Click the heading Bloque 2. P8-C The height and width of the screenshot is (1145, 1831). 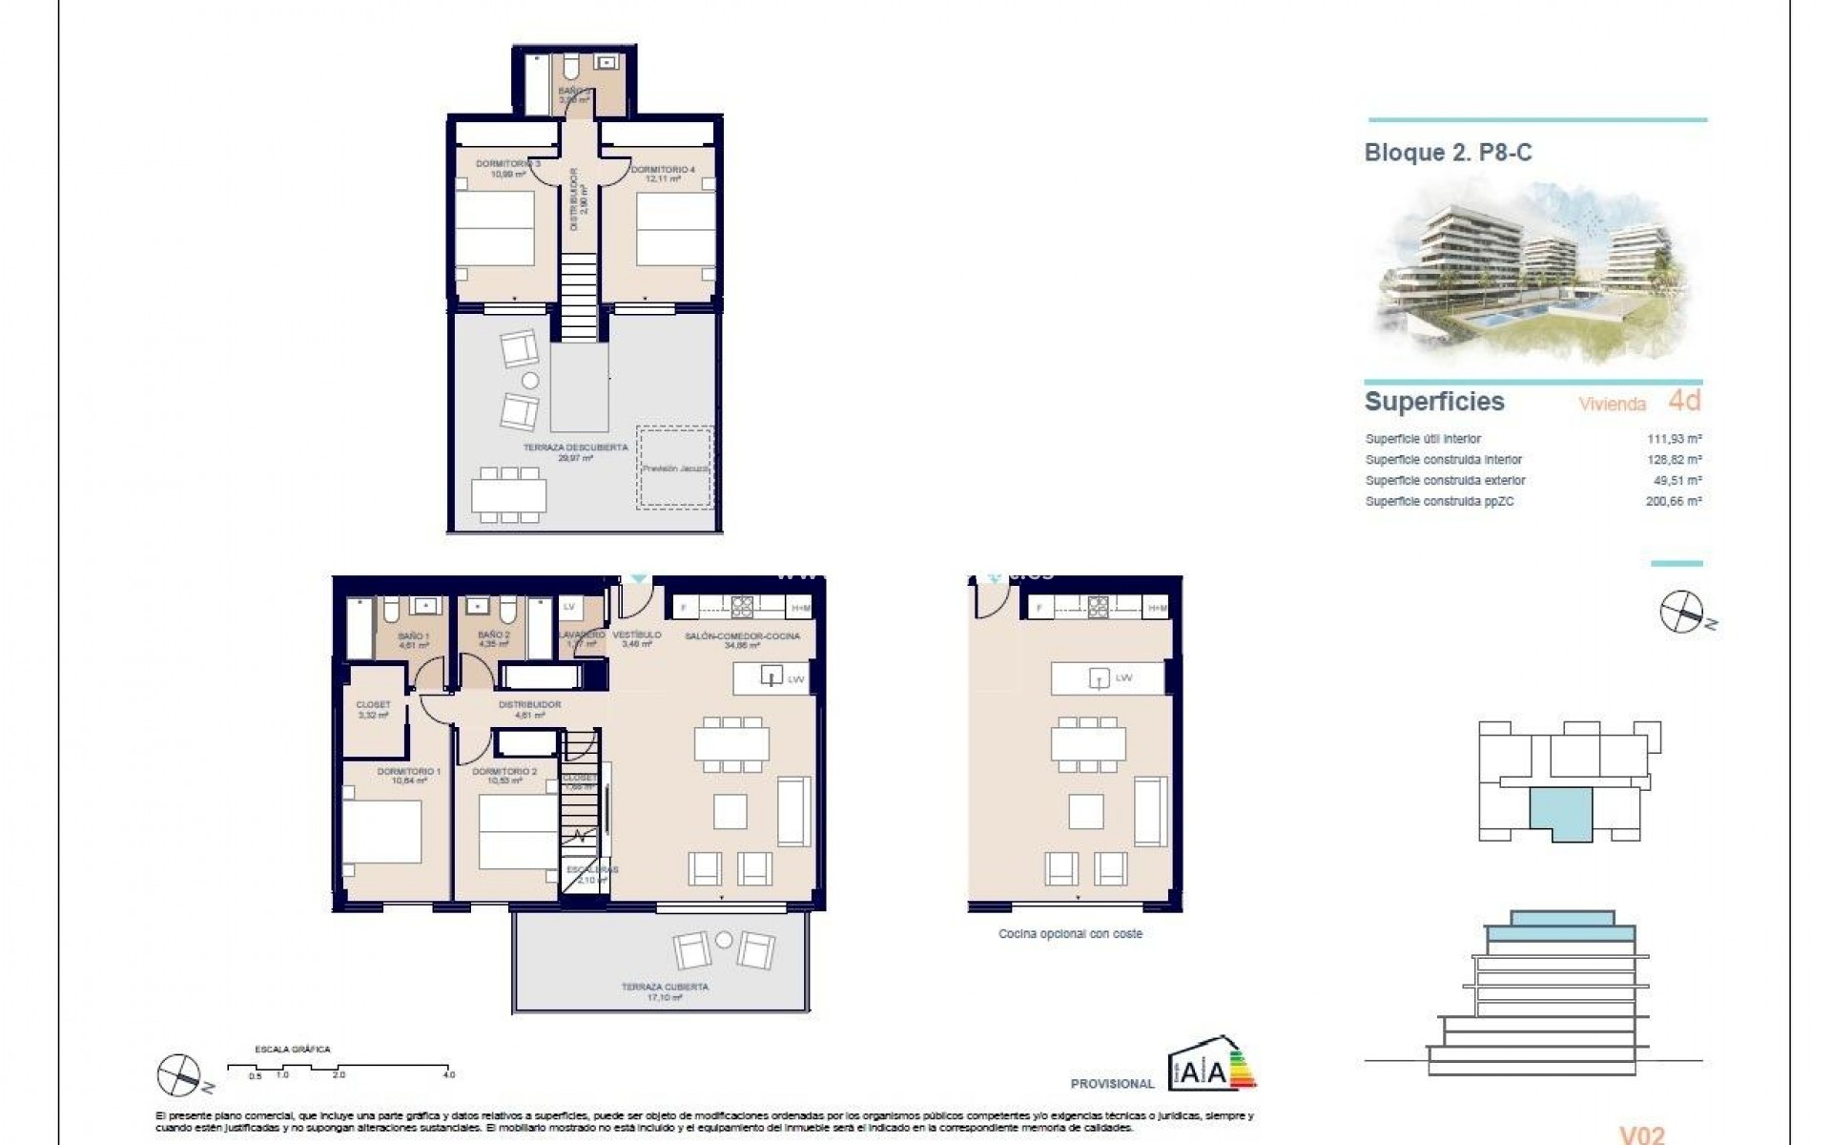pyautogui.click(x=1448, y=153)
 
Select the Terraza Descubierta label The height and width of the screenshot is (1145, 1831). pyautogui.click(x=575, y=452)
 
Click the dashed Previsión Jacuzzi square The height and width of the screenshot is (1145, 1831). pyautogui.click(x=675, y=468)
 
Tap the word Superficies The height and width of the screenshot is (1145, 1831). pyautogui.click(x=1434, y=402)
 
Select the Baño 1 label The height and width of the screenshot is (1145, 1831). pyautogui.click(x=413, y=640)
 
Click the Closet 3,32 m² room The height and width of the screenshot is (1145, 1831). pyautogui.click(x=373, y=710)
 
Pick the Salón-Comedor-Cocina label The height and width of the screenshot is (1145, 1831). pyautogui.click(x=742, y=640)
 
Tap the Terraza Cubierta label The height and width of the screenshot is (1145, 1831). pyautogui.click(x=665, y=991)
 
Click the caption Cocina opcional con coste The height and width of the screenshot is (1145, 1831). pyautogui.click(x=1070, y=934)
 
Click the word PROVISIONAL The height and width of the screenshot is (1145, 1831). pyautogui.click(x=1112, y=1084)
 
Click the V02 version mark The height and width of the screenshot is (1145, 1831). pyautogui.click(x=1642, y=1135)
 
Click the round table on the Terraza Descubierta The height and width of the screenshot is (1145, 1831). pyautogui.click(x=530, y=381)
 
